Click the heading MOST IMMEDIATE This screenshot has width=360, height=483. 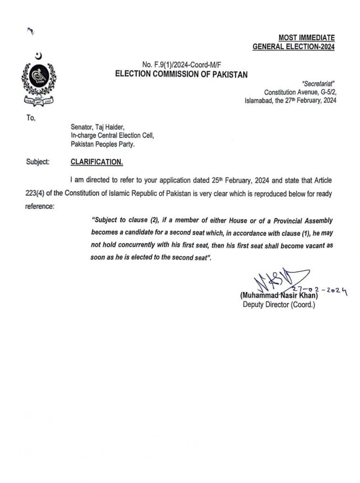point(307,38)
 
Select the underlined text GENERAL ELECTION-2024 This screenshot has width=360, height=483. point(294,46)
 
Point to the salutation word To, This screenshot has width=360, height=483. point(31,118)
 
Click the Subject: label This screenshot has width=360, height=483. point(38,162)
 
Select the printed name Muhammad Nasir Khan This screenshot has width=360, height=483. point(279,296)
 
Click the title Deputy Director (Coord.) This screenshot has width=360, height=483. point(278,305)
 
